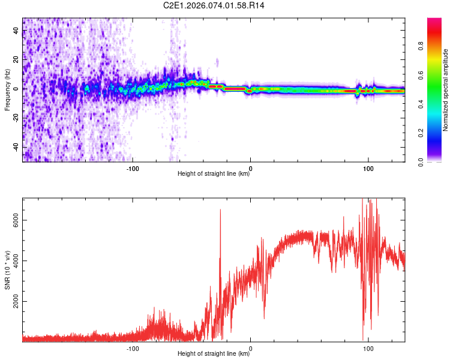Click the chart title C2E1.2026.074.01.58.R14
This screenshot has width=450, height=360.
coord(214,5)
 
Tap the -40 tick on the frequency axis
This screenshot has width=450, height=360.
coord(16,147)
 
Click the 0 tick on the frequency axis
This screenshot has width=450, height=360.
coord(16,89)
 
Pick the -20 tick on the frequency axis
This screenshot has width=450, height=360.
coord(16,118)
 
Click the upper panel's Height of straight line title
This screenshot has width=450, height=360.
coord(214,174)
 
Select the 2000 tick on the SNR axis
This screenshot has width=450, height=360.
coord(16,301)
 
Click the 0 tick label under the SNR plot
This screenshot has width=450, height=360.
coord(250,347)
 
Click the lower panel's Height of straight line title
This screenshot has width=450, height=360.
coord(214,354)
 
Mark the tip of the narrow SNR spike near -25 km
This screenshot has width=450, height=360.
coord(220,209)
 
